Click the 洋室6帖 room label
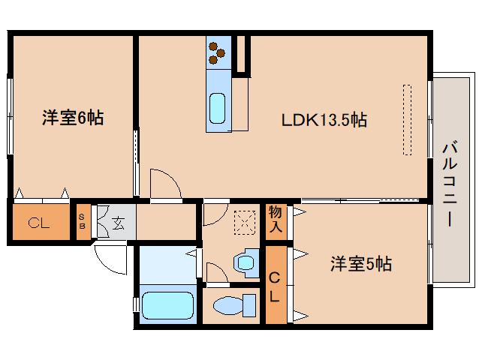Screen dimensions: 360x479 (x=72, y=118)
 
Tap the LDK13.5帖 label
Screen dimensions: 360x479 (x=324, y=119)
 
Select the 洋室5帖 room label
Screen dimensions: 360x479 (x=361, y=264)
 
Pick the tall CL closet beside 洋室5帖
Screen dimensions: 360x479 (x=276, y=286)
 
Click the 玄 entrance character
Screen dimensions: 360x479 (x=118, y=222)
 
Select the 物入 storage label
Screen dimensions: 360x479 (x=276, y=218)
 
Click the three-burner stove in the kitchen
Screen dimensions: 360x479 (x=217, y=50)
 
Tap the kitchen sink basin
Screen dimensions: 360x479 (x=217, y=107)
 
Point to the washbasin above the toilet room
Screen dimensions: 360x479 (x=244, y=262)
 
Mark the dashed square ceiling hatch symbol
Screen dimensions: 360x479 (x=244, y=221)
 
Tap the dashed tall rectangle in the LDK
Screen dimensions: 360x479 (x=407, y=119)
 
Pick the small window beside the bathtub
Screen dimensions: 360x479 (x=136, y=305)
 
